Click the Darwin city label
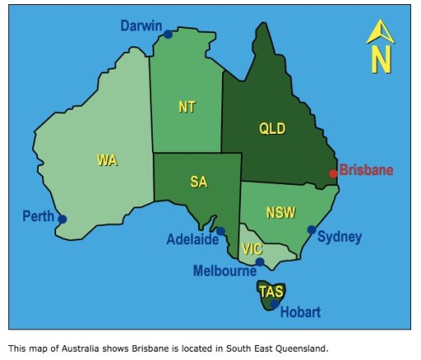coord(141,26)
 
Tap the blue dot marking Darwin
coord(168,35)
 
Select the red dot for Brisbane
coord(333,173)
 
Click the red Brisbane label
coord(367,171)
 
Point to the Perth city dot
coord(62,220)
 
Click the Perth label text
coord(38,217)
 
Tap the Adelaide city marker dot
coord(221,231)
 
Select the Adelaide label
coord(192,240)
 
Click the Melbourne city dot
coord(259,263)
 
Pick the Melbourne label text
coord(225,271)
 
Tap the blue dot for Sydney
coord(311,230)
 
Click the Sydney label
coord(339,238)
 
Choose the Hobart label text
coord(300,312)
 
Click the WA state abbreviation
coord(107,160)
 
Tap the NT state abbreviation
coord(187,107)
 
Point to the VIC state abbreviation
coord(252,249)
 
